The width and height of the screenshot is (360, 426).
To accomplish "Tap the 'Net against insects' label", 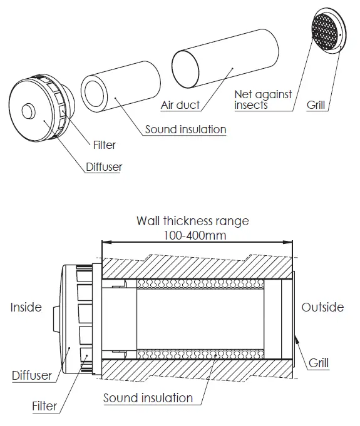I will coord(263,100).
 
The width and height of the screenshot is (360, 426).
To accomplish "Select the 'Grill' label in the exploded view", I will coord(316,105).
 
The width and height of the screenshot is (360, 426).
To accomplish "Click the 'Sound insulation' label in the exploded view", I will coord(185,129).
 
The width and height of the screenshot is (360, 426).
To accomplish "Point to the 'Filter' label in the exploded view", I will coord(105,145).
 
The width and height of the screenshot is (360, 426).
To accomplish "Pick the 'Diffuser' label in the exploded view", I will coord(104,167).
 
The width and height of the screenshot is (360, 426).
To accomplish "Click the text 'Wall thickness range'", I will coord(192,221).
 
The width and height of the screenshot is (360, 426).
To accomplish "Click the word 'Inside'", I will coord(26,307).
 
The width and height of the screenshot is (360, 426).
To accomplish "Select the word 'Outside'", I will coord(322,307).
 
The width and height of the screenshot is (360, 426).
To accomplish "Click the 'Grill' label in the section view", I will coord(319,362).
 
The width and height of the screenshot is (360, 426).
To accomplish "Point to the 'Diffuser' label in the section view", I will coord(32,375).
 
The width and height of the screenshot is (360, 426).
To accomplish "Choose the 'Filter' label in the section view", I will coord(44,406).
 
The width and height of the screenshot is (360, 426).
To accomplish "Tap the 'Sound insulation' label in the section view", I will coord(148,398).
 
